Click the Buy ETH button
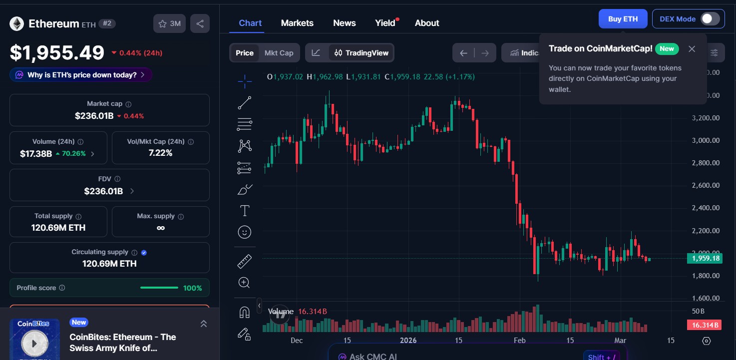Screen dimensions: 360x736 click(x=623, y=19)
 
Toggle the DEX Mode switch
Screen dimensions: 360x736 click(x=710, y=19)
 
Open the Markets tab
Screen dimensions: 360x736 click(x=297, y=23)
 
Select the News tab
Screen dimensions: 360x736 click(x=344, y=23)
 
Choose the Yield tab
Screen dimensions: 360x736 click(x=385, y=23)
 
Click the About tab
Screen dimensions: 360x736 click(x=427, y=23)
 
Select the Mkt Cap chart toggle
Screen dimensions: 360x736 click(x=279, y=53)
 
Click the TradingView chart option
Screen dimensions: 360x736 click(x=362, y=53)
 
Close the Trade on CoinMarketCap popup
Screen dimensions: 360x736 click(x=692, y=49)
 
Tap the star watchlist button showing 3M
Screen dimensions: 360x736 click(x=169, y=23)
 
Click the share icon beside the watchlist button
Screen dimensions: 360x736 click(x=200, y=23)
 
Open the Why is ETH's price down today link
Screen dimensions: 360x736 click(x=81, y=75)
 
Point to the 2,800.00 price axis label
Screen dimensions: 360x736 click(x=706, y=163)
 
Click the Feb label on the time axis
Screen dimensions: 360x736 click(x=520, y=341)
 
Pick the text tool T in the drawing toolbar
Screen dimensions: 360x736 click(x=245, y=211)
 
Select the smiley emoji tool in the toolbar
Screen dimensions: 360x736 click(x=245, y=232)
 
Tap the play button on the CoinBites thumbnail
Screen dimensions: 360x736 click(x=34, y=344)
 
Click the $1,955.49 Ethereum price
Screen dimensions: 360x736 click(x=57, y=53)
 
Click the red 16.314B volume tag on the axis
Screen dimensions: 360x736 click(x=705, y=325)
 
